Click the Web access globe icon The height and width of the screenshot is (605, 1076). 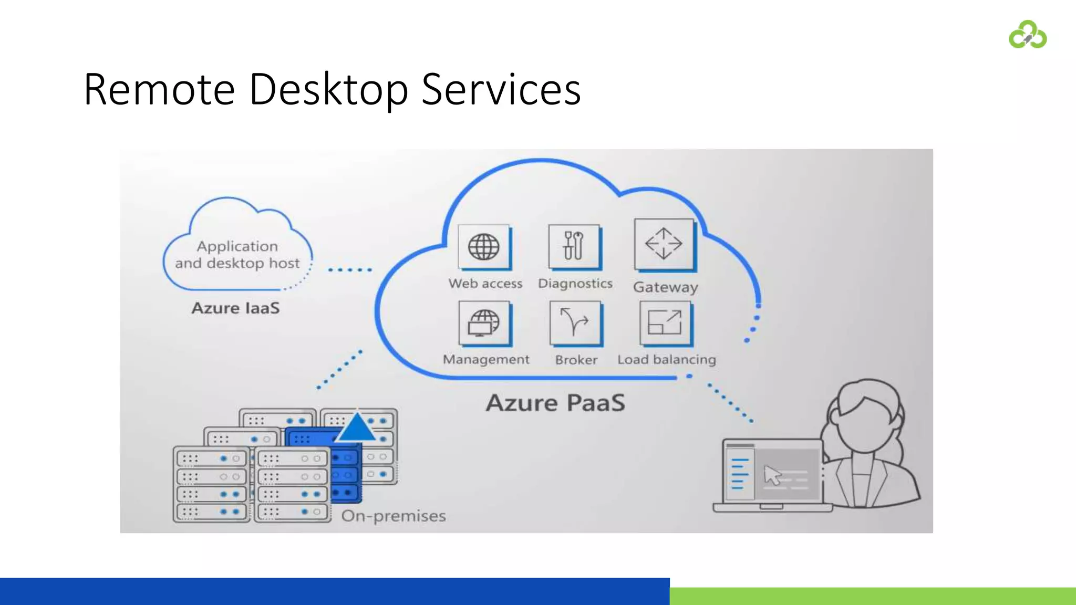pos(484,246)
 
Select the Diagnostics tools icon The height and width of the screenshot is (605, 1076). pos(574,246)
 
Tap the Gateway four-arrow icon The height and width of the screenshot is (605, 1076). pos(664,244)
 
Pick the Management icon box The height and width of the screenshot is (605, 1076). pos(484,322)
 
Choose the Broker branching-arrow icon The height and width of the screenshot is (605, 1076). pos(575,322)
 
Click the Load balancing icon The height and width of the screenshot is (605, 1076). pos(665,322)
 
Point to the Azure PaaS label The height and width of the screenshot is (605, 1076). pos(555,403)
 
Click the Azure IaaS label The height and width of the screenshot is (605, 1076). pos(235,308)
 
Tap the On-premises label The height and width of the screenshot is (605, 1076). pos(394,516)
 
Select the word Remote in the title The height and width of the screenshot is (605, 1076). pos(159,90)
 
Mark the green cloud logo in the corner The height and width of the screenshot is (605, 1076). pos(1028,35)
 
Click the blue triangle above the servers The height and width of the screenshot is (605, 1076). pos(357,426)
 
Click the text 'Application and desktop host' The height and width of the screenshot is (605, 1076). pos(237,255)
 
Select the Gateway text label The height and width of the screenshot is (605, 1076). pos(665,287)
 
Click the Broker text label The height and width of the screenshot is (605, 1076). pos(576,360)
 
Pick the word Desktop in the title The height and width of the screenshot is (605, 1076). pos(328,90)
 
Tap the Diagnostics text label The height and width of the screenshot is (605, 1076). pos(575,284)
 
